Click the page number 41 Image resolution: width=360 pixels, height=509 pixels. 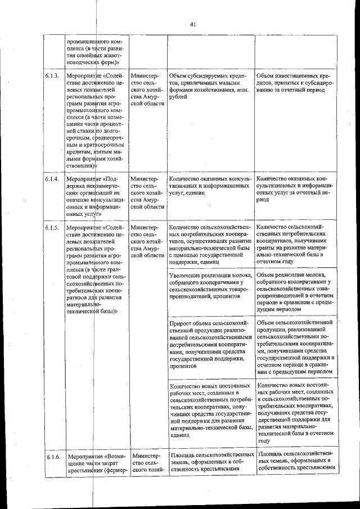coord(191,24)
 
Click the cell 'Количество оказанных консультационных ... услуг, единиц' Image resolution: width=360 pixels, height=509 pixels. coord(208,186)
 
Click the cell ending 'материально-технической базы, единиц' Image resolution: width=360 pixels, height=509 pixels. coord(208,410)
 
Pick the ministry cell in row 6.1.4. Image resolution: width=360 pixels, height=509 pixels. coord(147,193)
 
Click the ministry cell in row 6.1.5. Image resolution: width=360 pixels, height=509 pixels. coord(147,241)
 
